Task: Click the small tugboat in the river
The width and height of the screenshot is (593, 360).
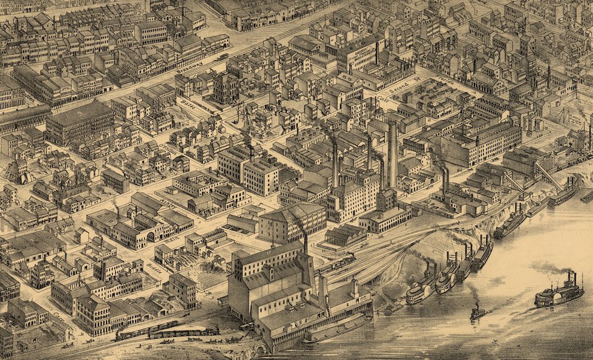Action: pos(477,312)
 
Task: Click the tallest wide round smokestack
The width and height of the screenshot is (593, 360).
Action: pos(393,154)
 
